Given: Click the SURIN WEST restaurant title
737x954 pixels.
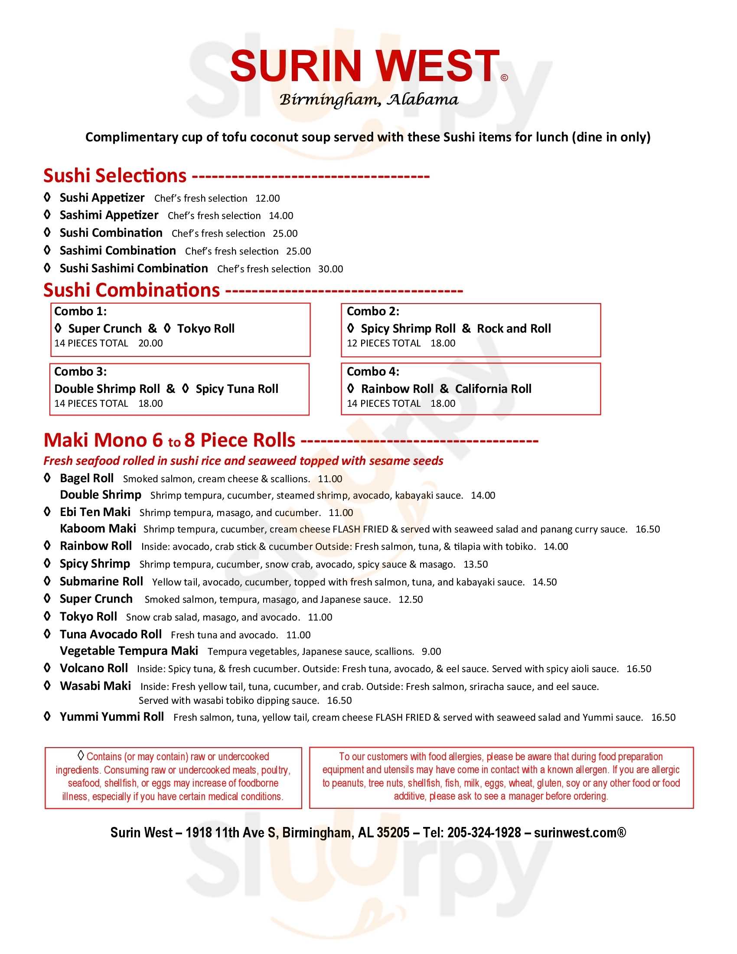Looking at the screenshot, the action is click(x=365, y=66).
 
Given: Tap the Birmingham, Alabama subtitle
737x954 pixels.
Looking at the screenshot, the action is click(x=368, y=100).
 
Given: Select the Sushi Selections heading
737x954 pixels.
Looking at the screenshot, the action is click(x=115, y=176).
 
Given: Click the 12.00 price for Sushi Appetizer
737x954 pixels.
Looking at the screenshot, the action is click(x=267, y=198).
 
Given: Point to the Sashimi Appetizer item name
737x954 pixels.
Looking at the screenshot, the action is click(x=109, y=215).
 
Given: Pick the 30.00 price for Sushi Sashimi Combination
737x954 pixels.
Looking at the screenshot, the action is click(x=330, y=269).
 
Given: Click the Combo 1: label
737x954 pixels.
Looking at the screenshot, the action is click(x=80, y=311).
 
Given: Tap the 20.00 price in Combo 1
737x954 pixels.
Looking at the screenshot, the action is click(x=150, y=343).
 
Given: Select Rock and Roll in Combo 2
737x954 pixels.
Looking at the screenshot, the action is click(x=513, y=329).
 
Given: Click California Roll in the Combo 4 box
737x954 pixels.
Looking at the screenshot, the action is click(x=493, y=389).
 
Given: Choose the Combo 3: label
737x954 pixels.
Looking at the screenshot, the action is click(x=80, y=372).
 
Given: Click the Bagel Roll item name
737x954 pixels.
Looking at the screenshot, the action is click(x=86, y=478).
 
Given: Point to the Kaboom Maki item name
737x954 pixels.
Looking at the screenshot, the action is click(x=98, y=529).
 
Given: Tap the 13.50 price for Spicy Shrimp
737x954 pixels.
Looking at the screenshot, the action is click(x=476, y=564).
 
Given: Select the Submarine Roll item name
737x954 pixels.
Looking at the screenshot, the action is click(x=101, y=582).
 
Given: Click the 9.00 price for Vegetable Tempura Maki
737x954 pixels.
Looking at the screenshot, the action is click(x=431, y=652).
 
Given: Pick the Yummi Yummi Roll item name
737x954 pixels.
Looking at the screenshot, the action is click(x=112, y=717).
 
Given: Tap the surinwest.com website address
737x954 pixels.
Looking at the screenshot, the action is click(x=579, y=833).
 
